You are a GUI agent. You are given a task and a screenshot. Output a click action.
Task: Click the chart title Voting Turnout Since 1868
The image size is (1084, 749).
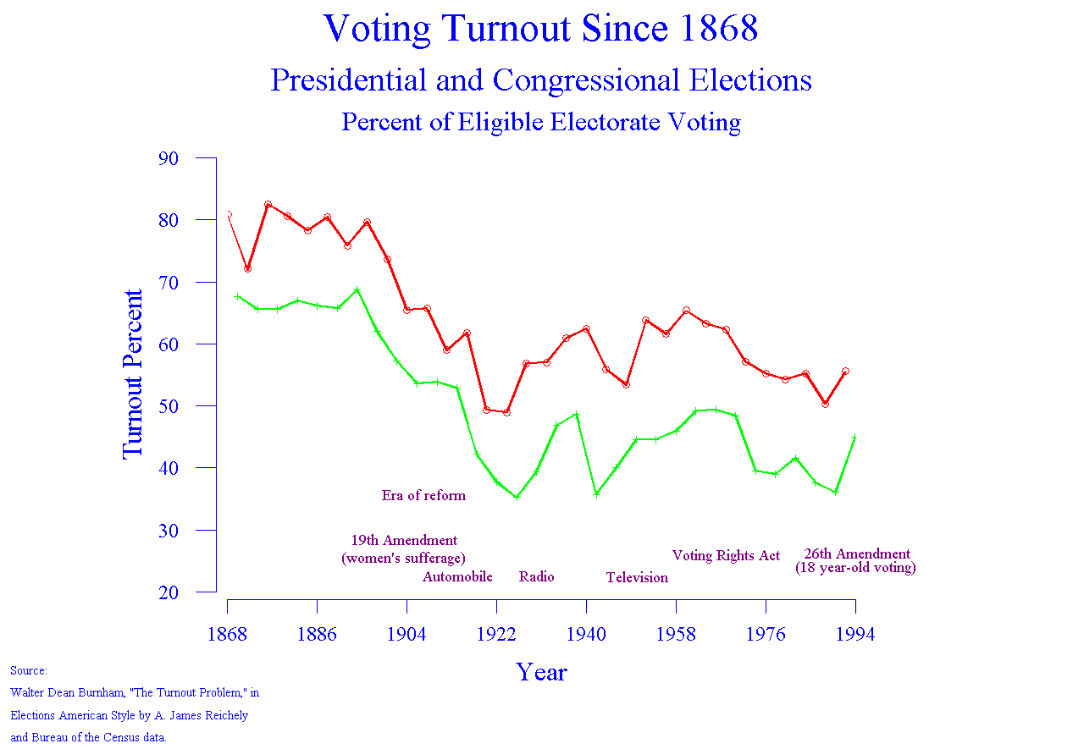coord(540,29)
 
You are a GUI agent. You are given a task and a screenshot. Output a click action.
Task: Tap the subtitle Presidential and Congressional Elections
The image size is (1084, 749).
coord(540,80)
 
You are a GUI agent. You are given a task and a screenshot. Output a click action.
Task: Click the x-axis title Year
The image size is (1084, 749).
coord(541,672)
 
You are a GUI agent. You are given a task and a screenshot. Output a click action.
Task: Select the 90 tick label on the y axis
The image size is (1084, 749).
coord(168,158)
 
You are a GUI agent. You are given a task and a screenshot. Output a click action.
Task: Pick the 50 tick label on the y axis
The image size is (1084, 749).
coord(168,406)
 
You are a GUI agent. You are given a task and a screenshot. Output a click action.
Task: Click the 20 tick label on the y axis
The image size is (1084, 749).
coord(168,592)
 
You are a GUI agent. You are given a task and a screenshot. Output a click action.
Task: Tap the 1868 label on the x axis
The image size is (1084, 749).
coord(227,635)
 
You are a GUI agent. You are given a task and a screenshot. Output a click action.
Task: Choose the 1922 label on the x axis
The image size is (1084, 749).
coord(496,635)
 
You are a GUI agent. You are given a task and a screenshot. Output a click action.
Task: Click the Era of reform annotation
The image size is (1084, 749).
coord(423,496)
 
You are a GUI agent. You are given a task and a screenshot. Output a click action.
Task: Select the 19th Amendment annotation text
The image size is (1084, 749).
coord(404,541)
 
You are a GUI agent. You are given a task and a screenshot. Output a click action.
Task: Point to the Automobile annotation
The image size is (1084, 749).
coord(457,577)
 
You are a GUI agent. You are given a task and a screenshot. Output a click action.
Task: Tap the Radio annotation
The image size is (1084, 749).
coord(536,577)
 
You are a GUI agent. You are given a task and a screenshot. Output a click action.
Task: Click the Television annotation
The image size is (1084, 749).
coord(637,578)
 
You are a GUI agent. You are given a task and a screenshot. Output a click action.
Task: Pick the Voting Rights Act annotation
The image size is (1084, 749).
coord(726,556)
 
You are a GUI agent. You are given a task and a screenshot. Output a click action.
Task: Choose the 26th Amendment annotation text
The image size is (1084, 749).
coord(857,555)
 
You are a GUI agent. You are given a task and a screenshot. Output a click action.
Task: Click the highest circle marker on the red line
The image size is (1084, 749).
coord(268,205)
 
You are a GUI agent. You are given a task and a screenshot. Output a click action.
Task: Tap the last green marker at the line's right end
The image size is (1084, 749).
coord(854,438)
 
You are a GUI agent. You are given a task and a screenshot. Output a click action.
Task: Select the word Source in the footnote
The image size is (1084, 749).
coord(28,671)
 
